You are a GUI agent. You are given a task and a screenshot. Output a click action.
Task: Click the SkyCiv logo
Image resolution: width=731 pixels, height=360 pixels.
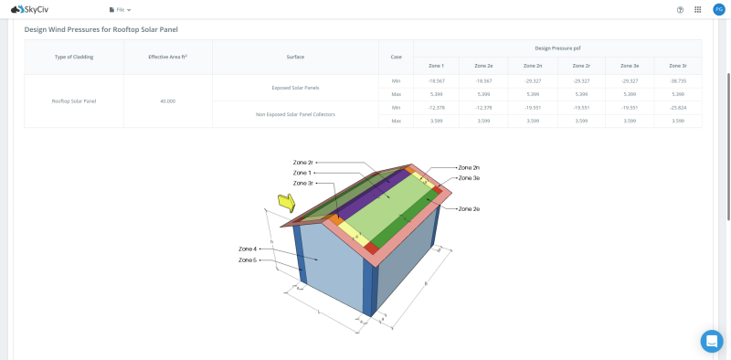pos(29,9)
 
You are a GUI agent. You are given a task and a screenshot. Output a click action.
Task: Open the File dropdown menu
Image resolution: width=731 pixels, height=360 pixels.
pos(120,9)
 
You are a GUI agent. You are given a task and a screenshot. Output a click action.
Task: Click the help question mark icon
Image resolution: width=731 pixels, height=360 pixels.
pos(680,9)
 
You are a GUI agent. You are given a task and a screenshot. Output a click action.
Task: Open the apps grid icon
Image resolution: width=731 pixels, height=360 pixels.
pos(698,9)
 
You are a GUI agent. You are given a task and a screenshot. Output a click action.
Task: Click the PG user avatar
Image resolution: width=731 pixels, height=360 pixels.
pos(718,9)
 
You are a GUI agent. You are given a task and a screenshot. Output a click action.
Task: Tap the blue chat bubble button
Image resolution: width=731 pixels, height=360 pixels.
pos(712,341)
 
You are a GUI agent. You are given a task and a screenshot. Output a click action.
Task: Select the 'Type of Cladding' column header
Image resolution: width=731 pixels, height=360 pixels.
pos(73,57)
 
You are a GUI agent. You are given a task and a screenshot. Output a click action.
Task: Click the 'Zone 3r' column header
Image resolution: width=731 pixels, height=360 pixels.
pos(677,66)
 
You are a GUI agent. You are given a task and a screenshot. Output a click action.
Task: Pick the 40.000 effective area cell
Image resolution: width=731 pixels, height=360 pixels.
pos(167,101)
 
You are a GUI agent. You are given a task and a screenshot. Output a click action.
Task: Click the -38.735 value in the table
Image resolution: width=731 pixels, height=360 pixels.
pos(677,80)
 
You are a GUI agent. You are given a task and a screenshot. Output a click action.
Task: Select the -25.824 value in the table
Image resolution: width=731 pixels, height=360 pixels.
pos(677,107)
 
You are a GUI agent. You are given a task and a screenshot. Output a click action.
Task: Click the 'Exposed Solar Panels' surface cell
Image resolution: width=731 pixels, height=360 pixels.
pos(295,88)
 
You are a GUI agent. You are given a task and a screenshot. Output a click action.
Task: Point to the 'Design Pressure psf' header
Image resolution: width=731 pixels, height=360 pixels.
pos(557,48)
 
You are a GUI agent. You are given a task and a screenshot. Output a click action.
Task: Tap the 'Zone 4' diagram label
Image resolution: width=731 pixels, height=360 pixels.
pos(248,249)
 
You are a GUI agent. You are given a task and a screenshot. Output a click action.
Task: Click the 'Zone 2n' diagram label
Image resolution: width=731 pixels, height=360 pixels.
pos(469,168)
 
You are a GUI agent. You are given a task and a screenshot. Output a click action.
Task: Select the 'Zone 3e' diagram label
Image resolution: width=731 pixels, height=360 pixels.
pos(469,178)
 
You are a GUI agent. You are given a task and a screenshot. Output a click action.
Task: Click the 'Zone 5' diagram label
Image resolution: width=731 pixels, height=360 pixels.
pos(248,260)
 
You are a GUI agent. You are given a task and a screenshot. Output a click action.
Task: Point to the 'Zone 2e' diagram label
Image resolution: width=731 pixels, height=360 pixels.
pos(469,209)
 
